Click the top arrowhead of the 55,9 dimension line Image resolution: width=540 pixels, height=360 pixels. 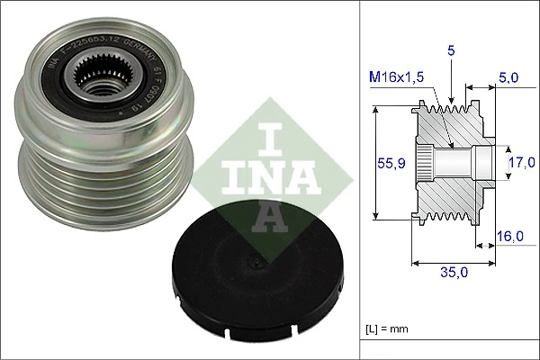[x=374, y=109]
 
